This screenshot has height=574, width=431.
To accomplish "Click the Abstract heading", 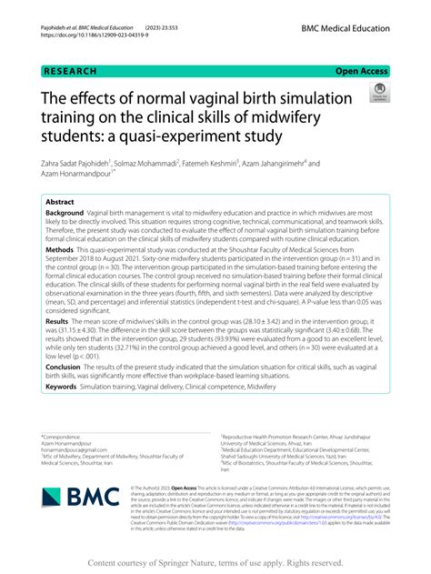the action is pyautogui.click(x=60, y=203).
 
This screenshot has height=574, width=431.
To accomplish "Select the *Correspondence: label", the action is pyautogui.click(x=61, y=438).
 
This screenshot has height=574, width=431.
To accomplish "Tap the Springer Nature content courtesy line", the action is pyautogui.click(x=215, y=562).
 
